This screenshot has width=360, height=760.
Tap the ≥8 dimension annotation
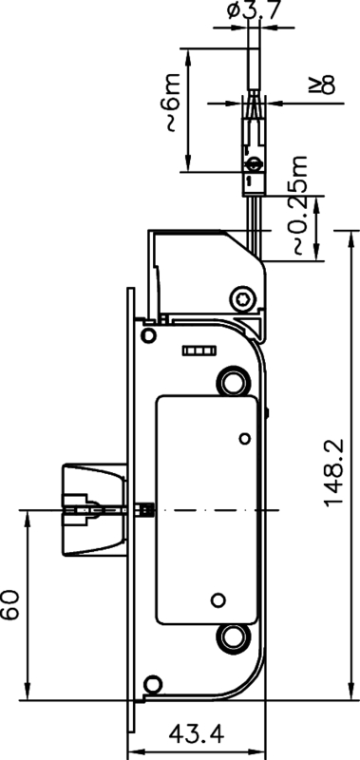click(328, 86)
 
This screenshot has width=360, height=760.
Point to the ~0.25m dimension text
click(300, 208)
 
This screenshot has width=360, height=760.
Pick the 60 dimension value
click(10, 604)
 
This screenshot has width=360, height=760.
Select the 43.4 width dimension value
click(196, 733)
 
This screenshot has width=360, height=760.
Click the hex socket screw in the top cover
click(246, 300)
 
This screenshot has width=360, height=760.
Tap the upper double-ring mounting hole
click(231, 381)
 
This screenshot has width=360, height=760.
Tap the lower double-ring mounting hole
click(231, 637)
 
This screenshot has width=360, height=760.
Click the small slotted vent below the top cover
click(197, 351)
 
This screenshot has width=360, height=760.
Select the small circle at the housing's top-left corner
click(147, 336)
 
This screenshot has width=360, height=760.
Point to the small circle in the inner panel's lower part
click(218, 599)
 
